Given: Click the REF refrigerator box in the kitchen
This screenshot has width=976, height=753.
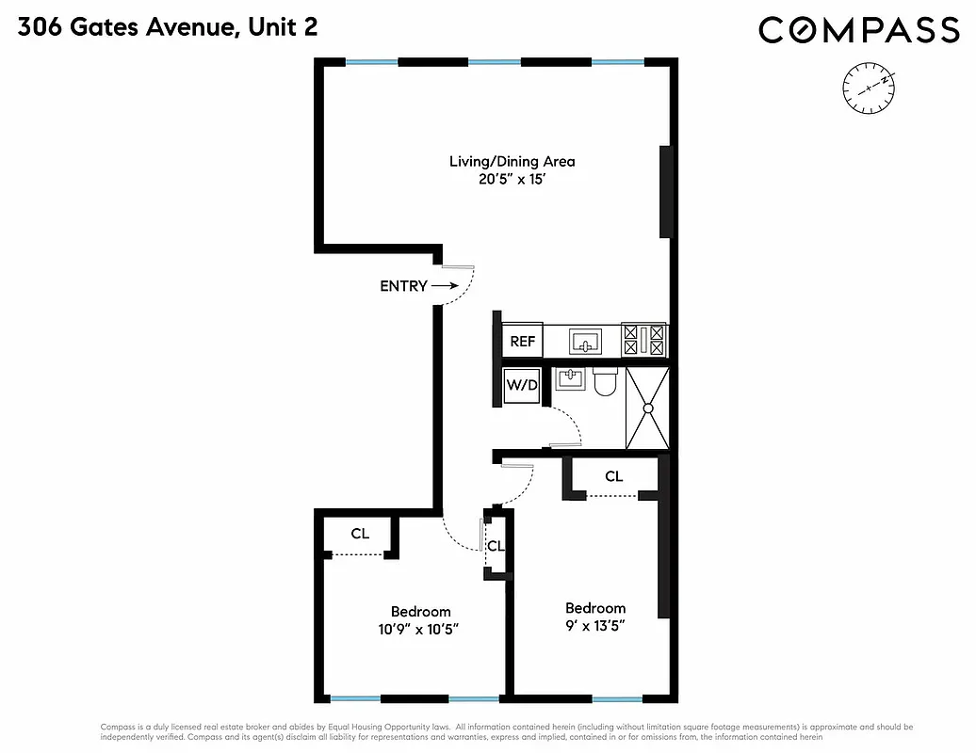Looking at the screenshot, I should pyautogui.click(x=523, y=341).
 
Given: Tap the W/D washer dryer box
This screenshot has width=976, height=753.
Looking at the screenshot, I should pyautogui.click(x=522, y=385).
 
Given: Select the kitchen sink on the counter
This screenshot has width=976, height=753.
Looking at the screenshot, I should pyautogui.click(x=586, y=341).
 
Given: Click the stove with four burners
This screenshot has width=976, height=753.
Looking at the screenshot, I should pyautogui.click(x=644, y=340).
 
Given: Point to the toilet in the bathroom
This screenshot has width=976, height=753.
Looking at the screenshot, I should pyautogui.click(x=605, y=381).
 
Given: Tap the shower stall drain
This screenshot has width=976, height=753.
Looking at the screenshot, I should pyautogui.click(x=648, y=409).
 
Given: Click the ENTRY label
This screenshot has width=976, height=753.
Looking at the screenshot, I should pyautogui.click(x=403, y=286).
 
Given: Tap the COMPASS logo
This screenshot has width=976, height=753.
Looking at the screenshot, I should pyautogui.click(x=858, y=30).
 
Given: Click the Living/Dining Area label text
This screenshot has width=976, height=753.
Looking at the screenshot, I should pyautogui.click(x=512, y=161).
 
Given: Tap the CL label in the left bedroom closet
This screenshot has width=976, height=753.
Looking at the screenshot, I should pyautogui.click(x=360, y=534).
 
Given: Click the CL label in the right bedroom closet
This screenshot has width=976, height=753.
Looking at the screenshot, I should pyautogui.click(x=613, y=477).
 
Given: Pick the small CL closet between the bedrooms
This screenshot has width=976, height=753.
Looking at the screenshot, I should pyautogui.click(x=496, y=546).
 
